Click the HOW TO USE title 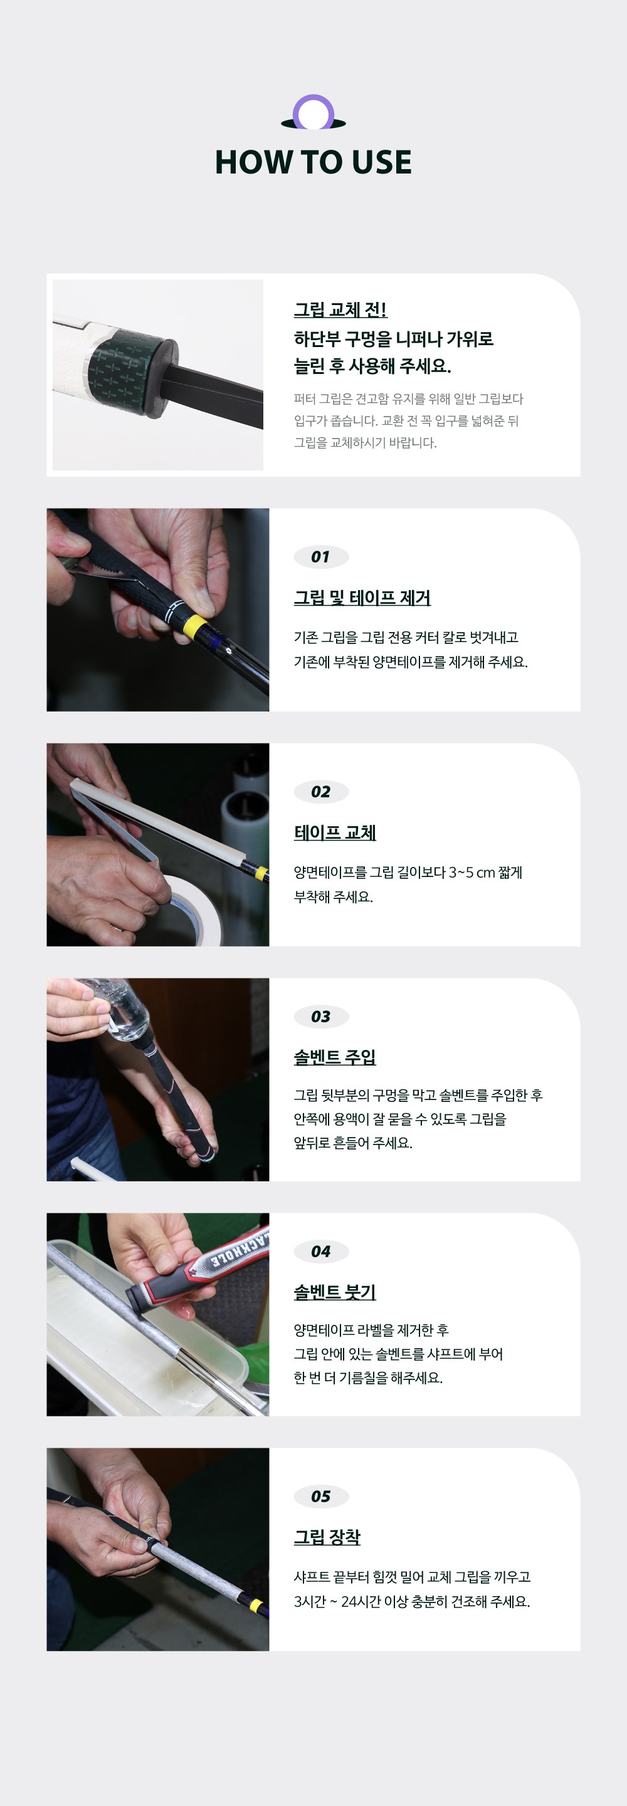pyautogui.click(x=313, y=162)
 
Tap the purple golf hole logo pyautogui.click(x=313, y=113)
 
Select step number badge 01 pyautogui.click(x=320, y=557)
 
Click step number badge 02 pyautogui.click(x=320, y=792)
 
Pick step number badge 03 pyautogui.click(x=320, y=1017)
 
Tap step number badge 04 pyautogui.click(x=320, y=1252)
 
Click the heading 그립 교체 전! pyautogui.click(x=340, y=310)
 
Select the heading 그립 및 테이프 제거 pyautogui.click(x=362, y=598)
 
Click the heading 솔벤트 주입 pyautogui.click(x=335, y=1057)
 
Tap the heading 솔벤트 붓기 pyautogui.click(x=335, y=1292)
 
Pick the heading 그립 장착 pyautogui.click(x=327, y=1537)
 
